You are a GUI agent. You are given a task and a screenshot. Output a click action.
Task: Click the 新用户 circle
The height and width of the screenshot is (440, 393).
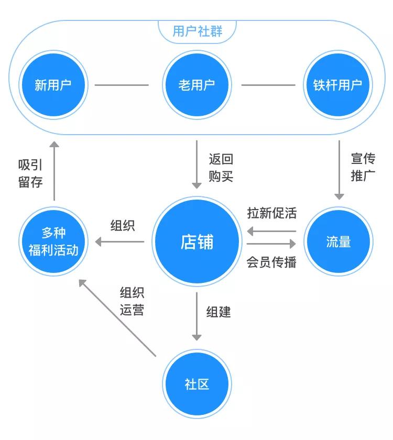53,85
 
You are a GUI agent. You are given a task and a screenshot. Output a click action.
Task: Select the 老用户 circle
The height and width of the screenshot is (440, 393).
196,85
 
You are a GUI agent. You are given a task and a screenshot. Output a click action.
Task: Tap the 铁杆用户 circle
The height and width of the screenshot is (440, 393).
338,85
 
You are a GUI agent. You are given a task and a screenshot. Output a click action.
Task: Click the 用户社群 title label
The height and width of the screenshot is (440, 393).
197,31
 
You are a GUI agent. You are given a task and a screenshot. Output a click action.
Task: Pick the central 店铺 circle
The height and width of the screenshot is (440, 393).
196,242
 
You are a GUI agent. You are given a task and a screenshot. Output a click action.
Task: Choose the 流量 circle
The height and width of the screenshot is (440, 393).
338,242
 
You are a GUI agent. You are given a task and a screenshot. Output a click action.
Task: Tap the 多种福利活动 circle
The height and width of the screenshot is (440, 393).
53,241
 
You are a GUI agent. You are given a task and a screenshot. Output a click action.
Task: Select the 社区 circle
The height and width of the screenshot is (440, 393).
196,384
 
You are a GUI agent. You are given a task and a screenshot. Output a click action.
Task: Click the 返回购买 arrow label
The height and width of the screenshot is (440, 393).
221,168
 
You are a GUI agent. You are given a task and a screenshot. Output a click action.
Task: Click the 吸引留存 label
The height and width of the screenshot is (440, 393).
30,173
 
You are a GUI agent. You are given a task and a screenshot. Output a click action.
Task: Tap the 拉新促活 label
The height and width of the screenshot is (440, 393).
271,213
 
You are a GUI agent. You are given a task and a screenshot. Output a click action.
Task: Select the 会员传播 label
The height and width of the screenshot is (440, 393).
271,262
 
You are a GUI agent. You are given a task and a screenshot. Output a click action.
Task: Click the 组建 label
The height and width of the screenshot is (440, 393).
219,312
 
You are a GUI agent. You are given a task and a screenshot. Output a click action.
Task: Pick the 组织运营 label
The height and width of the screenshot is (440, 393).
132,301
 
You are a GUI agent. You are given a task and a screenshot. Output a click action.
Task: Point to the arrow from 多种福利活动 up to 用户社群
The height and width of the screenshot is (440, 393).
54,171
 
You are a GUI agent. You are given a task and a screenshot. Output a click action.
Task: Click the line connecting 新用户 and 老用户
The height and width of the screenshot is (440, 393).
122,85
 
